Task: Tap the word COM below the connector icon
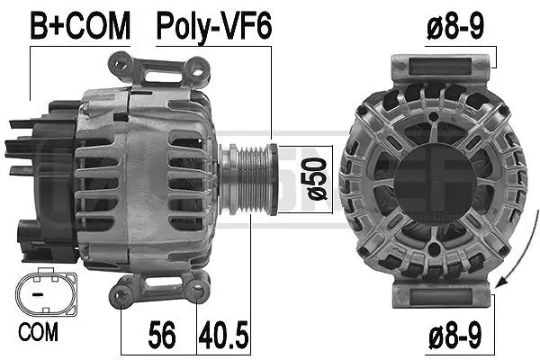(x=37, y=332)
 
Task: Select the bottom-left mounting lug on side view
(x=126, y=290)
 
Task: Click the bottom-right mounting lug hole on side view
(x=200, y=290)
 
